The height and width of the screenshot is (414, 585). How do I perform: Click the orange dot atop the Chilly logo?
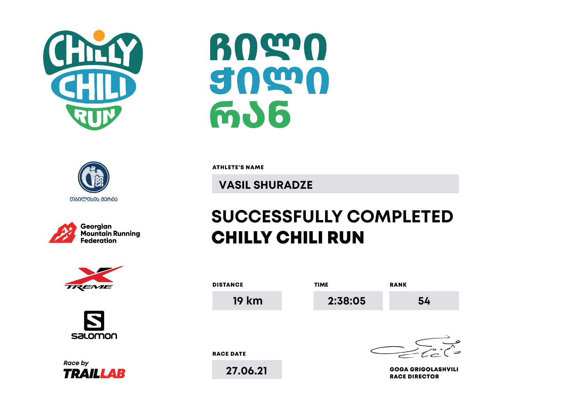[x=99, y=35]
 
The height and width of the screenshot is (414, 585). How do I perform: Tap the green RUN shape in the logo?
[x=94, y=117]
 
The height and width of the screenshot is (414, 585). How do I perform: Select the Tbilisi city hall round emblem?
[x=93, y=177]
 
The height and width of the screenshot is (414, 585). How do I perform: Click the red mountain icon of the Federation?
[x=63, y=233]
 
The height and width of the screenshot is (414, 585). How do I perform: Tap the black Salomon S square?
[x=94, y=320]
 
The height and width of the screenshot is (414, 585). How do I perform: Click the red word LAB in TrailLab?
[x=113, y=373]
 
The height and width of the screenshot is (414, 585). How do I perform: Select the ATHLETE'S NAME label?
[x=238, y=168]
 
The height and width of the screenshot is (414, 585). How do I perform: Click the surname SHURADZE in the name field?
[x=283, y=185]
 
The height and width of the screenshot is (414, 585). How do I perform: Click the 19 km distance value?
[x=248, y=301]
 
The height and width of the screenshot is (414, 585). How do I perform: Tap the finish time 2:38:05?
[x=346, y=301]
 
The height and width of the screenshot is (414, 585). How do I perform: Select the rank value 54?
[x=424, y=301]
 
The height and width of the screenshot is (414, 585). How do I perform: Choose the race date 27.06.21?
[x=246, y=371]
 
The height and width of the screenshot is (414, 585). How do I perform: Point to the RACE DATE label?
[x=229, y=354]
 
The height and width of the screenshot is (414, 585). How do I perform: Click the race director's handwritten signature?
[x=415, y=347]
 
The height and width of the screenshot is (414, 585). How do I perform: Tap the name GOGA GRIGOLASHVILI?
[x=424, y=369]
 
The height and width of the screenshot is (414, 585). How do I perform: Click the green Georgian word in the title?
[x=250, y=115]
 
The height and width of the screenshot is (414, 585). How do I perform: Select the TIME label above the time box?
[x=321, y=285]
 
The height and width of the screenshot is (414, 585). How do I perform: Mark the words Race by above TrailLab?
[x=76, y=363]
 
